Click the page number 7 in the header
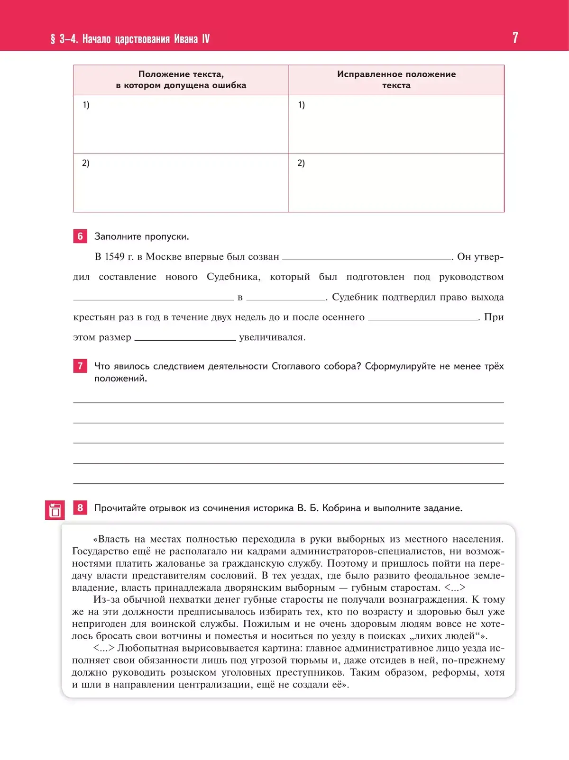click(x=515, y=38)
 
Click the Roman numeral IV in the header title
click(x=205, y=39)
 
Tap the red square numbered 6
click(x=80, y=236)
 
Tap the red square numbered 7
click(x=80, y=366)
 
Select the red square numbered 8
click(x=80, y=508)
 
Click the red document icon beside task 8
click(x=55, y=510)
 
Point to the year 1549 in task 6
click(x=114, y=257)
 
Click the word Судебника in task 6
click(x=233, y=277)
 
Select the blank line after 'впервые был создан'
click(x=367, y=258)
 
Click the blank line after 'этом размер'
click(x=185, y=339)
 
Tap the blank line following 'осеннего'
click(x=423, y=319)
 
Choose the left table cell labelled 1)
click(x=181, y=124)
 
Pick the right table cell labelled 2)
click(x=396, y=182)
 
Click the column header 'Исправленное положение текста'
click(x=396, y=80)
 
